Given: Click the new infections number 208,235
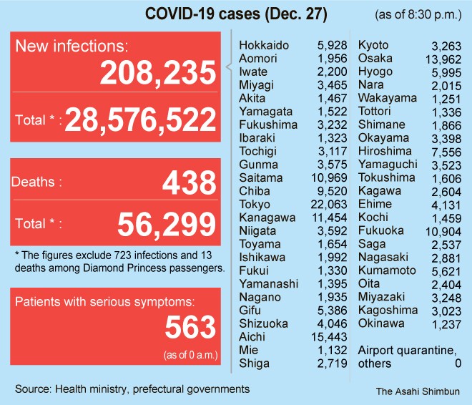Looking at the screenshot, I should (x=158, y=72).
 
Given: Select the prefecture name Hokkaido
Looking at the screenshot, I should (x=264, y=45).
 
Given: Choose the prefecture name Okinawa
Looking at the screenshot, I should (x=381, y=323).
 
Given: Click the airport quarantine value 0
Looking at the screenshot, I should (x=458, y=363).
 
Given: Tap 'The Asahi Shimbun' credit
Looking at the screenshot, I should (x=418, y=391).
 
